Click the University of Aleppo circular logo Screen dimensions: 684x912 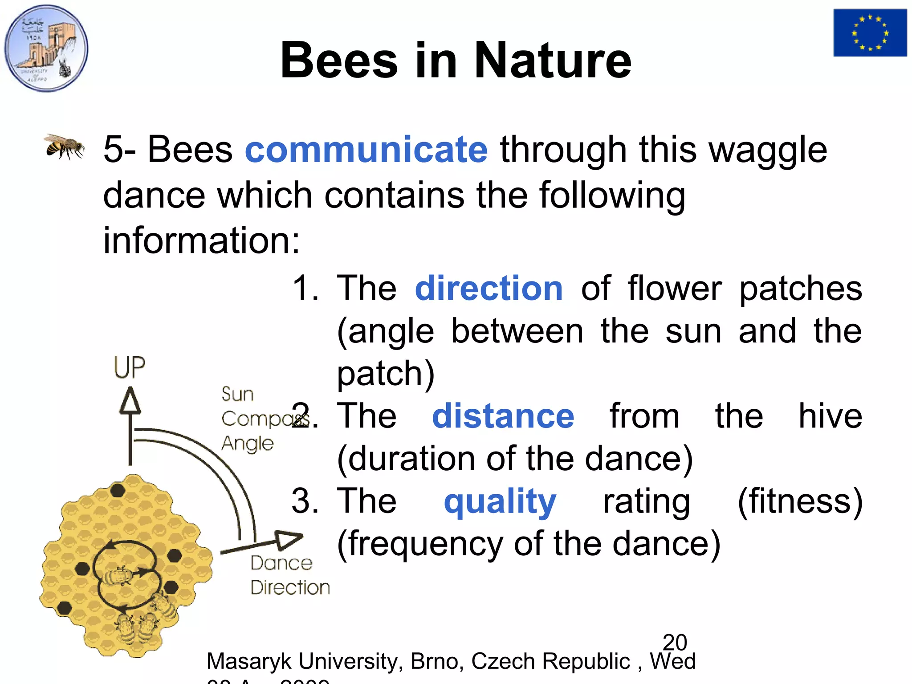pyautogui.click(x=46, y=49)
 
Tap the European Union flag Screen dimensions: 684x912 pyautogui.click(x=870, y=33)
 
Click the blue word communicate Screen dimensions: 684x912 pyautogui.click(x=366, y=150)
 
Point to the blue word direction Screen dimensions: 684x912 pyautogui.click(x=489, y=289)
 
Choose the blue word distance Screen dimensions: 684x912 pyautogui.click(x=503, y=416)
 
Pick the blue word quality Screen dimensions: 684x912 pyautogui.click(x=500, y=501)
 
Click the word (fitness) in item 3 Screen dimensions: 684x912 pyautogui.click(x=800, y=501)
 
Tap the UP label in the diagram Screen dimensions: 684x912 pyautogui.click(x=129, y=368)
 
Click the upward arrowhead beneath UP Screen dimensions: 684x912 pyautogui.click(x=130, y=401)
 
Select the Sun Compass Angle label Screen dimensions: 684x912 pyautogui.click(x=247, y=419)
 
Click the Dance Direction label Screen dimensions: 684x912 pyautogui.click(x=289, y=575)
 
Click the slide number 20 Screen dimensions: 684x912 pyautogui.click(x=674, y=643)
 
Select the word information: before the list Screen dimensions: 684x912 pyautogui.click(x=201, y=240)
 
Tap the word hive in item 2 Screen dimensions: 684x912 pyautogui.click(x=830, y=416)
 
